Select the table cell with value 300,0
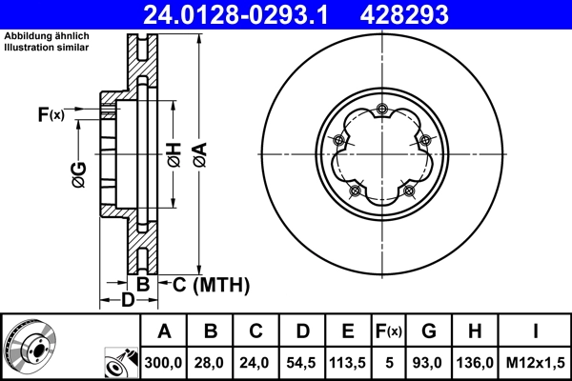point(165,363)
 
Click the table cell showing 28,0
point(211,363)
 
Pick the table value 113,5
point(348,363)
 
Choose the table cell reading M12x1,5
point(535,363)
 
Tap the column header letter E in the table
point(348,331)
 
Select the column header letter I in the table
point(535,331)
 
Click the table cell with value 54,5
point(301,363)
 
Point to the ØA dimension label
point(199,152)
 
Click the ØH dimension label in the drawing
point(174,152)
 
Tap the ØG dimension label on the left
point(79,174)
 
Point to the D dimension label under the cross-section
point(128,302)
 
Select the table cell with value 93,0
point(429,363)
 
